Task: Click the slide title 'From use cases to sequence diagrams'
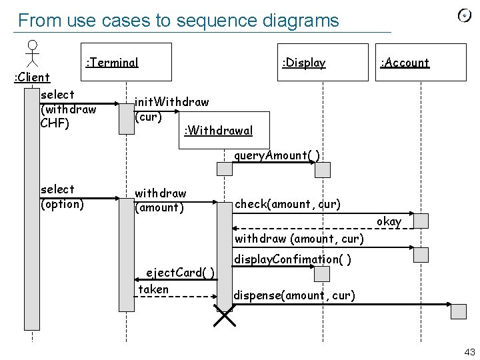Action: pyautogui.click(x=178, y=21)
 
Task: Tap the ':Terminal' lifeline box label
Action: pyautogui.click(x=112, y=63)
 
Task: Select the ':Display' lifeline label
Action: pyautogui.click(x=304, y=63)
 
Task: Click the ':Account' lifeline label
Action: pyautogui.click(x=405, y=63)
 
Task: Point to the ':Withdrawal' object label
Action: pyautogui.click(x=217, y=130)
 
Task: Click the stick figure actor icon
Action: pyautogui.click(x=31, y=53)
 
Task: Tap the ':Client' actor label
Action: pyautogui.click(x=32, y=78)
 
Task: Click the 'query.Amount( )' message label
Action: pyautogui.click(x=277, y=155)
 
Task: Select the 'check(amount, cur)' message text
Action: pyautogui.click(x=287, y=203)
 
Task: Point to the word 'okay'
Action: pyautogui.click(x=389, y=221)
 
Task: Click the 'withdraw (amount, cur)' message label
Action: pyautogui.click(x=299, y=238)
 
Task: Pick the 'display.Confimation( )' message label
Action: pyautogui.click(x=293, y=259)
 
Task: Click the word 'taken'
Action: pyautogui.click(x=153, y=289)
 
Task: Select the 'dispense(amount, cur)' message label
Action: pyautogui.click(x=294, y=295)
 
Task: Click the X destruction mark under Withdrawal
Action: pyautogui.click(x=225, y=315)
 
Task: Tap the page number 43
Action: pyautogui.click(x=469, y=352)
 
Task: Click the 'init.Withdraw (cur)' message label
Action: pyautogui.click(x=171, y=109)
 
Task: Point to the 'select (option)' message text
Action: pyautogui.click(x=62, y=197)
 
